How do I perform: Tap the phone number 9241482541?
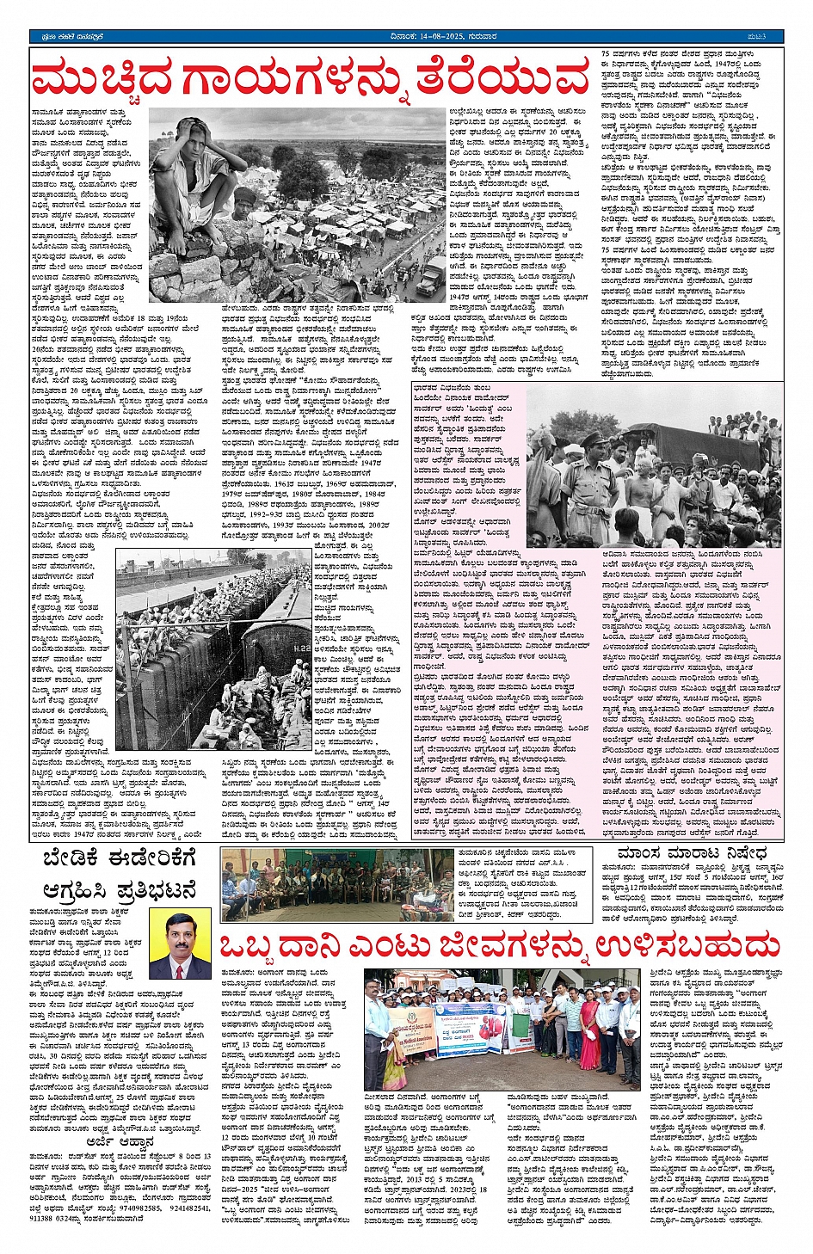(x=187, y=1208)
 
